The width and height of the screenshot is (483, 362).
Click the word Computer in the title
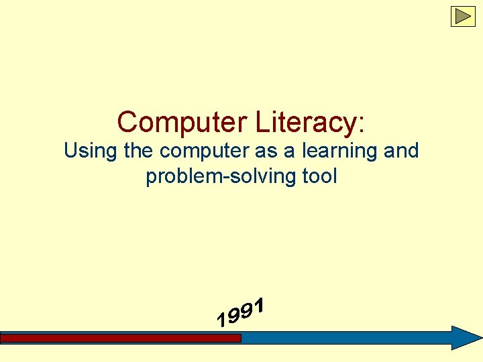click(x=182, y=123)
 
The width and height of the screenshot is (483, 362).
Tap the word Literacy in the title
click(x=305, y=123)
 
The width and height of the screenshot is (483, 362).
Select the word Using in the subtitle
click(x=91, y=152)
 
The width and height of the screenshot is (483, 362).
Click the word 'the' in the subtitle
click(x=138, y=151)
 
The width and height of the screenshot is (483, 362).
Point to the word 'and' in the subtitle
click(x=401, y=151)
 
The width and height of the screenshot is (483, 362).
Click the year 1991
click(x=241, y=313)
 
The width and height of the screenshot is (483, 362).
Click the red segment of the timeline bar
click(x=121, y=339)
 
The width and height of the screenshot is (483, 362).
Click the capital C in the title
click(x=127, y=123)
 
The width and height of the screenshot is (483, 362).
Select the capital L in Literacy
click(x=263, y=123)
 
